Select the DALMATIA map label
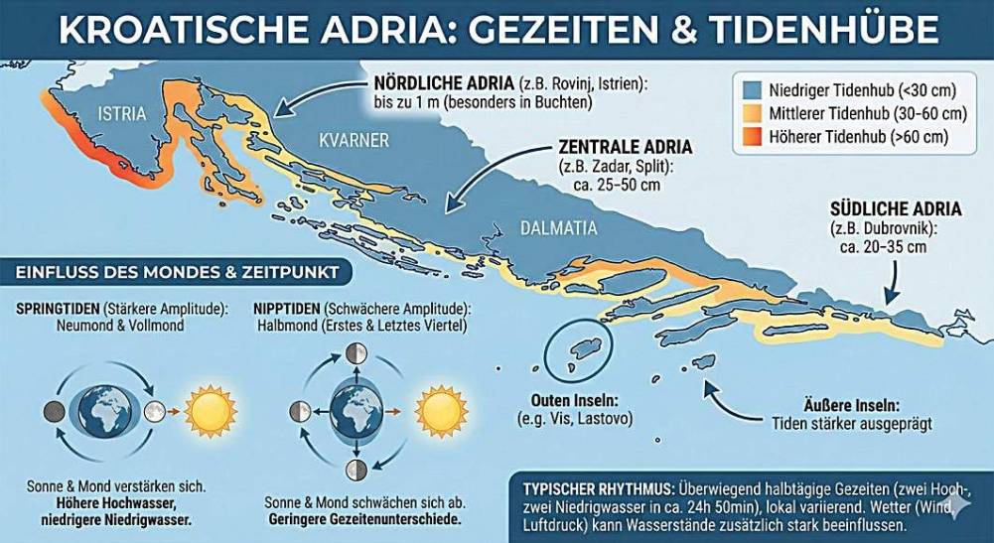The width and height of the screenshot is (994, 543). tap(559, 228)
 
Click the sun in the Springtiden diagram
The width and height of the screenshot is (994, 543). tap(211, 408)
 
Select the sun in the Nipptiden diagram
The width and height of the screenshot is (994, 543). tap(440, 409)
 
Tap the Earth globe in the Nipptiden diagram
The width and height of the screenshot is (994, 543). tap(355, 410)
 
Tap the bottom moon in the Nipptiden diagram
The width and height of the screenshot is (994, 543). tap(355, 469)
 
